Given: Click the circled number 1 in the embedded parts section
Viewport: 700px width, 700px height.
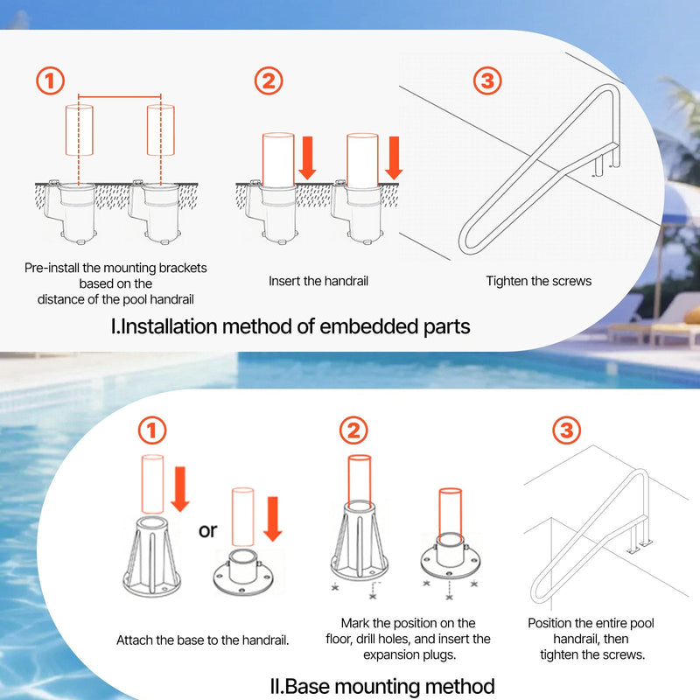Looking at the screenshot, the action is [x=50, y=80].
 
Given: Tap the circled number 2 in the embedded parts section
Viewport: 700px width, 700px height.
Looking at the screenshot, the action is [x=269, y=80].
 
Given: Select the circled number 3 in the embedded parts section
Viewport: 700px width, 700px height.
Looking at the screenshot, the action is [x=487, y=80].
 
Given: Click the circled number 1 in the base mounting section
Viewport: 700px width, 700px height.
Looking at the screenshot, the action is [x=151, y=430].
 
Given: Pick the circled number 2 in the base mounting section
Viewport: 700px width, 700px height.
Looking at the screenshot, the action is [x=353, y=430].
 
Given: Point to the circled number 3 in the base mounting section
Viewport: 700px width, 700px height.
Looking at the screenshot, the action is [x=566, y=430].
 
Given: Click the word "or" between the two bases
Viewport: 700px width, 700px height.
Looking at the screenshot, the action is [x=207, y=530].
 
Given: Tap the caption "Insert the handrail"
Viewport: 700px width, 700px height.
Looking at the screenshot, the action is [x=318, y=281].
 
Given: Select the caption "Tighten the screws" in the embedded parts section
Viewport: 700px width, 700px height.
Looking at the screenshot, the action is [x=539, y=281].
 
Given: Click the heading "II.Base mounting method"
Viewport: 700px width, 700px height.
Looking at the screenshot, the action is [x=382, y=686].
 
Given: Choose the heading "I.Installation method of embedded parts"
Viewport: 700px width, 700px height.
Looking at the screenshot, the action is [x=290, y=326].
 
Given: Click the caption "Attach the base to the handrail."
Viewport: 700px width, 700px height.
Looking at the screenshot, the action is [x=203, y=640].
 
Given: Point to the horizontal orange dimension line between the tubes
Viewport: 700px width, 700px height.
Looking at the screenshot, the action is [x=120, y=96].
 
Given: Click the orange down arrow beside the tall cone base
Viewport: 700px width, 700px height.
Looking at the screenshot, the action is [x=180, y=489].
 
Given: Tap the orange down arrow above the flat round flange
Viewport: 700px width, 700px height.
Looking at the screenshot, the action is [x=272, y=519].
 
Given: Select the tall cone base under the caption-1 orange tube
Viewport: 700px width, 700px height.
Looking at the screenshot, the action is [x=151, y=556].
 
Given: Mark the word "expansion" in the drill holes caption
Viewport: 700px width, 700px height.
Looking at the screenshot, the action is [x=391, y=654].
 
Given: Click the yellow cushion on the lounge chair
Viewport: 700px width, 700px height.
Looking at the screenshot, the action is [x=692, y=316].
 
